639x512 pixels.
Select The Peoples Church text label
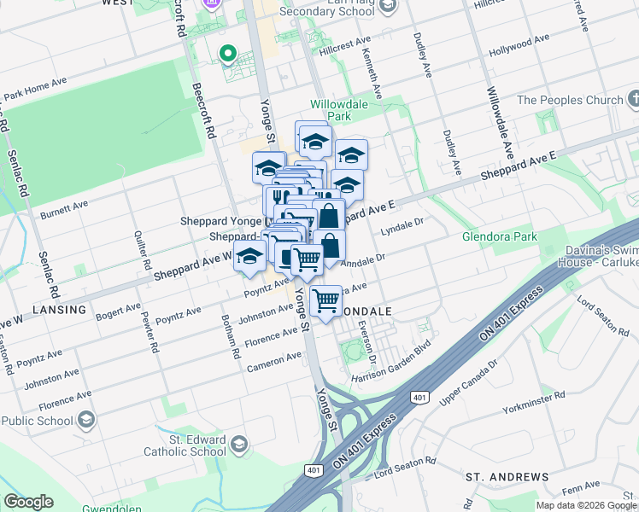[570, 100]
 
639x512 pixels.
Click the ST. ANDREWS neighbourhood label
[507, 475]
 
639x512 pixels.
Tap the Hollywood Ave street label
[519, 46]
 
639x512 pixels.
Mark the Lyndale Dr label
[402, 227]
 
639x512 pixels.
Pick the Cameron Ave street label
[274, 363]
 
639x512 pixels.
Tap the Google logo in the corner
[28, 502]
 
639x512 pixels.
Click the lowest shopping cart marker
[325, 301]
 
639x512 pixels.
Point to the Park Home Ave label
[35, 89]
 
